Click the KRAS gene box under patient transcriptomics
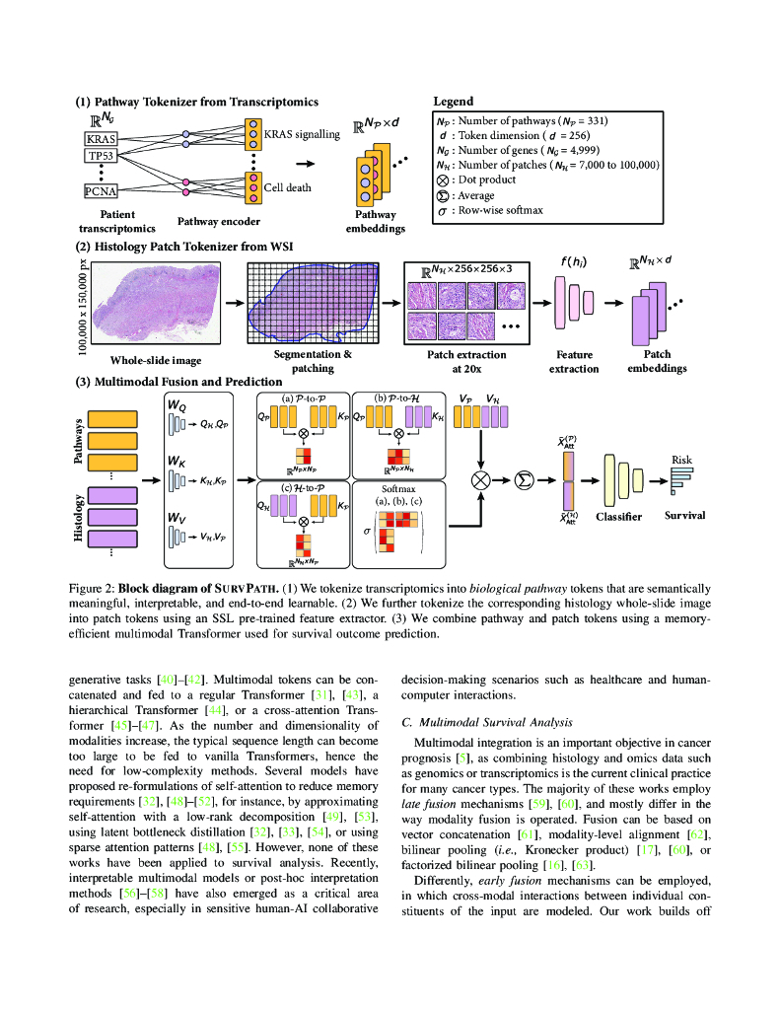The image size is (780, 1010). tap(101, 140)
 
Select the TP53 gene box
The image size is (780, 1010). tap(101, 156)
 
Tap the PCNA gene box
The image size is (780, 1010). tap(101, 192)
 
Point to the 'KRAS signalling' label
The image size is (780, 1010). tap(301, 134)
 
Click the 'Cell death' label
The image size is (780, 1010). tap(287, 186)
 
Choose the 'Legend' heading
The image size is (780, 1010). tap(454, 101)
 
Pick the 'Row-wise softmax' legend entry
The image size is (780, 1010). tap(500, 211)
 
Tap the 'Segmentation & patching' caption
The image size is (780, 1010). tap(311, 361)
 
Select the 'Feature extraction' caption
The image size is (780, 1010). tap(574, 362)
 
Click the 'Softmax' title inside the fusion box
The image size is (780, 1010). tap(399, 487)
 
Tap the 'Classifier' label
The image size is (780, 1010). tap(619, 517)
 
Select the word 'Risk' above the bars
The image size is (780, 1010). tap(681, 460)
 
